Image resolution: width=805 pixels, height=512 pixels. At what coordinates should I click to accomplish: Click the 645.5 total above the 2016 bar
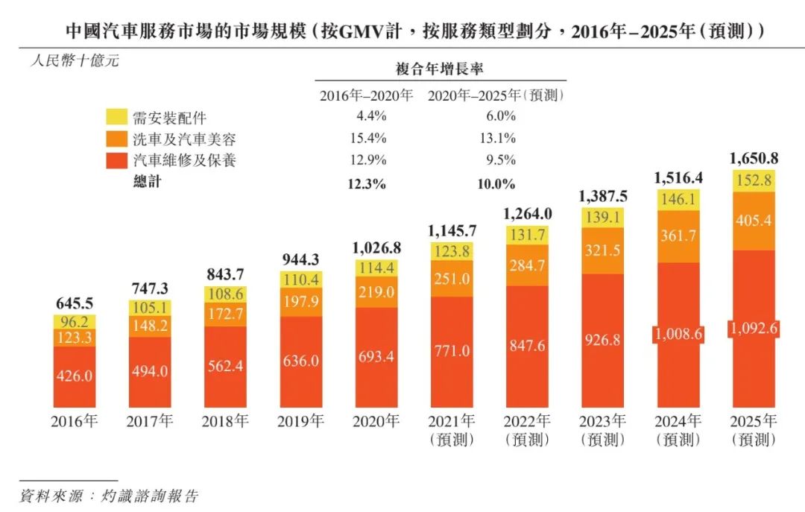tap(75, 303)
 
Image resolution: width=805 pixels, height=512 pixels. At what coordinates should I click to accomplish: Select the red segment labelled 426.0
tap(75, 376)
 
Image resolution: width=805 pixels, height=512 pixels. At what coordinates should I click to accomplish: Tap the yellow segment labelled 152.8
tap(753, 181)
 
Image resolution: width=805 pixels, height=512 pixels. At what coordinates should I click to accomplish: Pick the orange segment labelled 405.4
tap(753, 221)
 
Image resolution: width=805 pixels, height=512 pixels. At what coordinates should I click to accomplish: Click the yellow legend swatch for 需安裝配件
tap(117, 117)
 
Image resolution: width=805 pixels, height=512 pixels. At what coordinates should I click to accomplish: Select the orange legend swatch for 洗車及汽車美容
tap(117, 139)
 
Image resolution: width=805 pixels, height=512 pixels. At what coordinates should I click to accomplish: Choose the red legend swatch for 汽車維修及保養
tap(117, 160)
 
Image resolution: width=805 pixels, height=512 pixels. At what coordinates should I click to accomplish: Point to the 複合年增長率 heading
tap(440, 69)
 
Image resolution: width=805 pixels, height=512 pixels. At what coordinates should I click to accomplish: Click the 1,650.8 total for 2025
tap(753, 158)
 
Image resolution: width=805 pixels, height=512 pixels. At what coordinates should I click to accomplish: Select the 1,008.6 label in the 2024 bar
tap(678, 335)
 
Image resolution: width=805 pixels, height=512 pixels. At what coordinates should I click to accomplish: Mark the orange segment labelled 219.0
tap(376, 293)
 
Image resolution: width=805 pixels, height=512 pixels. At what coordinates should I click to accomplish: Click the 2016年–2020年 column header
tap(366, 95)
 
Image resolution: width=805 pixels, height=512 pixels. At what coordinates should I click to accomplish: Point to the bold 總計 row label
tap(147, 182)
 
